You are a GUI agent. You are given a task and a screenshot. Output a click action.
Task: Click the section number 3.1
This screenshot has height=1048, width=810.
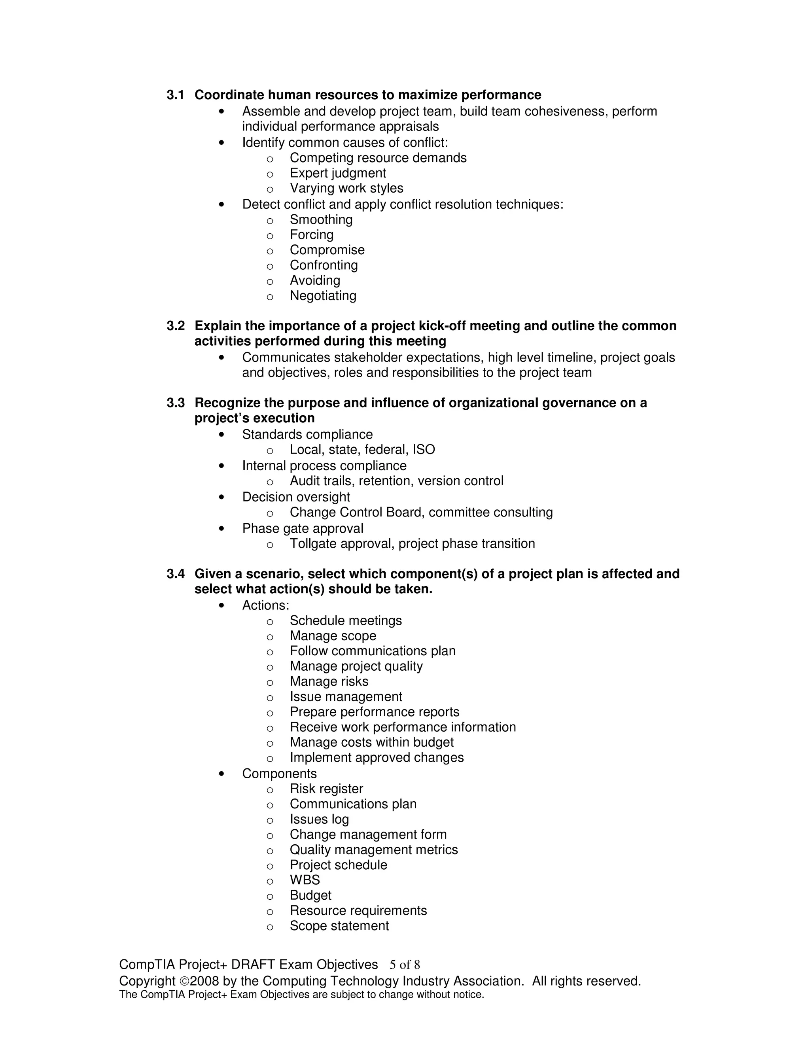(x=176, y=95)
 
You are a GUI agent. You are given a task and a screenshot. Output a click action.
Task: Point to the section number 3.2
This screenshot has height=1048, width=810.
(x=176, y=326)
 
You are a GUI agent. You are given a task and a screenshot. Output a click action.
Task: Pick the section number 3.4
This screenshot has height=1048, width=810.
(x=176, y=574)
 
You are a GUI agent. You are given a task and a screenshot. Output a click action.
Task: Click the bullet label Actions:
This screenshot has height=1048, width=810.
(x=265, y=605)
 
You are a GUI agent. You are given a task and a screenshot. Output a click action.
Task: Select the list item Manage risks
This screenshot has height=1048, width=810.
(x=329, y=681)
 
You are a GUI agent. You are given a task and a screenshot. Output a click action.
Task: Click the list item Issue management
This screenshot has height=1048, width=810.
(x=346, y=697)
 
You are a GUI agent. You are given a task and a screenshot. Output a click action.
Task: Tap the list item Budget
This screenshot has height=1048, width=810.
(x=310, y=895)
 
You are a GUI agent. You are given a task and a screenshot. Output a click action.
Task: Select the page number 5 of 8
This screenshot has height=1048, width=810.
(x=405, y=965)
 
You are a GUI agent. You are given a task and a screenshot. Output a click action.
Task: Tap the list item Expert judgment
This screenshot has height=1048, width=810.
(x=337, y=173)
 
